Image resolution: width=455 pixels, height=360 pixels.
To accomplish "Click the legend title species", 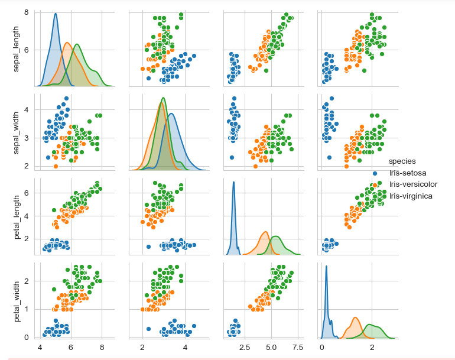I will (x=402, y=161).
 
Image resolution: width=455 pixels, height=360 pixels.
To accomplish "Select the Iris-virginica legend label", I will (x=411, y=196).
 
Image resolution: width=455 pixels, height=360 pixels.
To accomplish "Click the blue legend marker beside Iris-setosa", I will (x=375, y=173).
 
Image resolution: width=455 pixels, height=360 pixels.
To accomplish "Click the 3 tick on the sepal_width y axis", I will (x=28, y=138).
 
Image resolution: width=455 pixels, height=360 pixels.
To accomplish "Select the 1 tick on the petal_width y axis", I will (x=28, y=309).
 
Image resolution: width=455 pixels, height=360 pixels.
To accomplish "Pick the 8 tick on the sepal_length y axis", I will (x=28, y=12).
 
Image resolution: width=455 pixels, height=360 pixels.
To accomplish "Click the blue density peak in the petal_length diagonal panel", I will (x=234, y=182).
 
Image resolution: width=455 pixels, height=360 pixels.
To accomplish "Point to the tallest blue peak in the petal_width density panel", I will (x=326, y=266).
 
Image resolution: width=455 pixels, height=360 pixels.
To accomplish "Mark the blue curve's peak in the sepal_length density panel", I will (x=55, y=14).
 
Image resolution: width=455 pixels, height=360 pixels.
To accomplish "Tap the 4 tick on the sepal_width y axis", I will (x=28, y=109).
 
